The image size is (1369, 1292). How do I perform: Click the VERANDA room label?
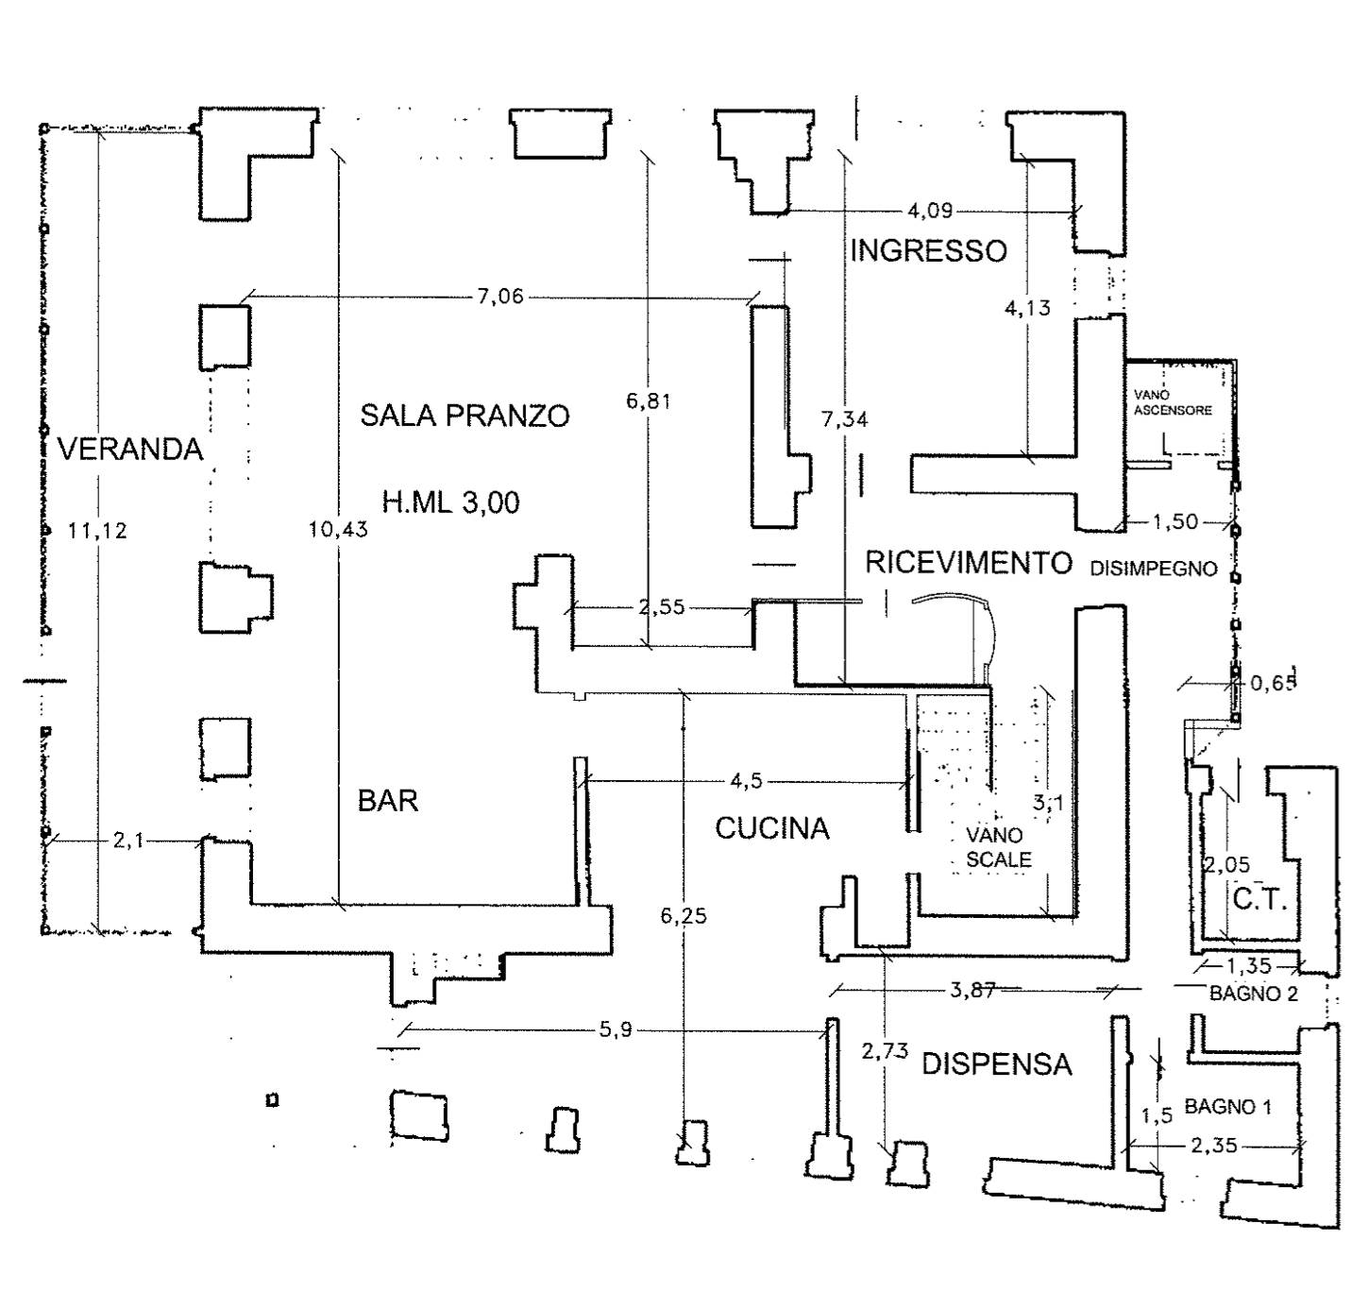(x=130, y=449)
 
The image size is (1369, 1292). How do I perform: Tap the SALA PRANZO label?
(x=465, y=416)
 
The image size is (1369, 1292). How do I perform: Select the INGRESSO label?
(x=928, y=251)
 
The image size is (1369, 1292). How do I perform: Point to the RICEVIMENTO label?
(x=969, y=563)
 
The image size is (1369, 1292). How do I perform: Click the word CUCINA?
(x=771, y=829)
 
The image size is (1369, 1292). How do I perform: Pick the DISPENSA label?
(x=996, y=1064)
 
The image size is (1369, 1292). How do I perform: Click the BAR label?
(x=387, y=801)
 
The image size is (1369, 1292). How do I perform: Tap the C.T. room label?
(x=1259, y=900)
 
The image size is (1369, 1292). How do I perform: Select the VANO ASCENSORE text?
(x=1173, y=402)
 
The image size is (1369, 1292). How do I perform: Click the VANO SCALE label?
(x=998, y=847)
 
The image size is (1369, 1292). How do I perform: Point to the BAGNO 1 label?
(x=1228, y=1106)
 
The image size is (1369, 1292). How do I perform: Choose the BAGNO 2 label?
(x=1253, y=994)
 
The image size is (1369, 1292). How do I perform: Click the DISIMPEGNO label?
(x=1154, y=569)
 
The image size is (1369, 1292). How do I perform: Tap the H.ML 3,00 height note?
(x=450, y=501)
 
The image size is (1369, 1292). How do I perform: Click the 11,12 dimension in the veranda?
(x=97, y=531)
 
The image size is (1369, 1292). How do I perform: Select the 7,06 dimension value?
(x=499, y=297)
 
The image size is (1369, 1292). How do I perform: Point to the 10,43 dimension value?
(x=338, y=530)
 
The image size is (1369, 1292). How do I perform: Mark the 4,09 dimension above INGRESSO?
(x=929, y=211)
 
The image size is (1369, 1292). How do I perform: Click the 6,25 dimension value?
(x=683, y=916)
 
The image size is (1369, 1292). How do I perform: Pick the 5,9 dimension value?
(x=615, y=1030)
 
